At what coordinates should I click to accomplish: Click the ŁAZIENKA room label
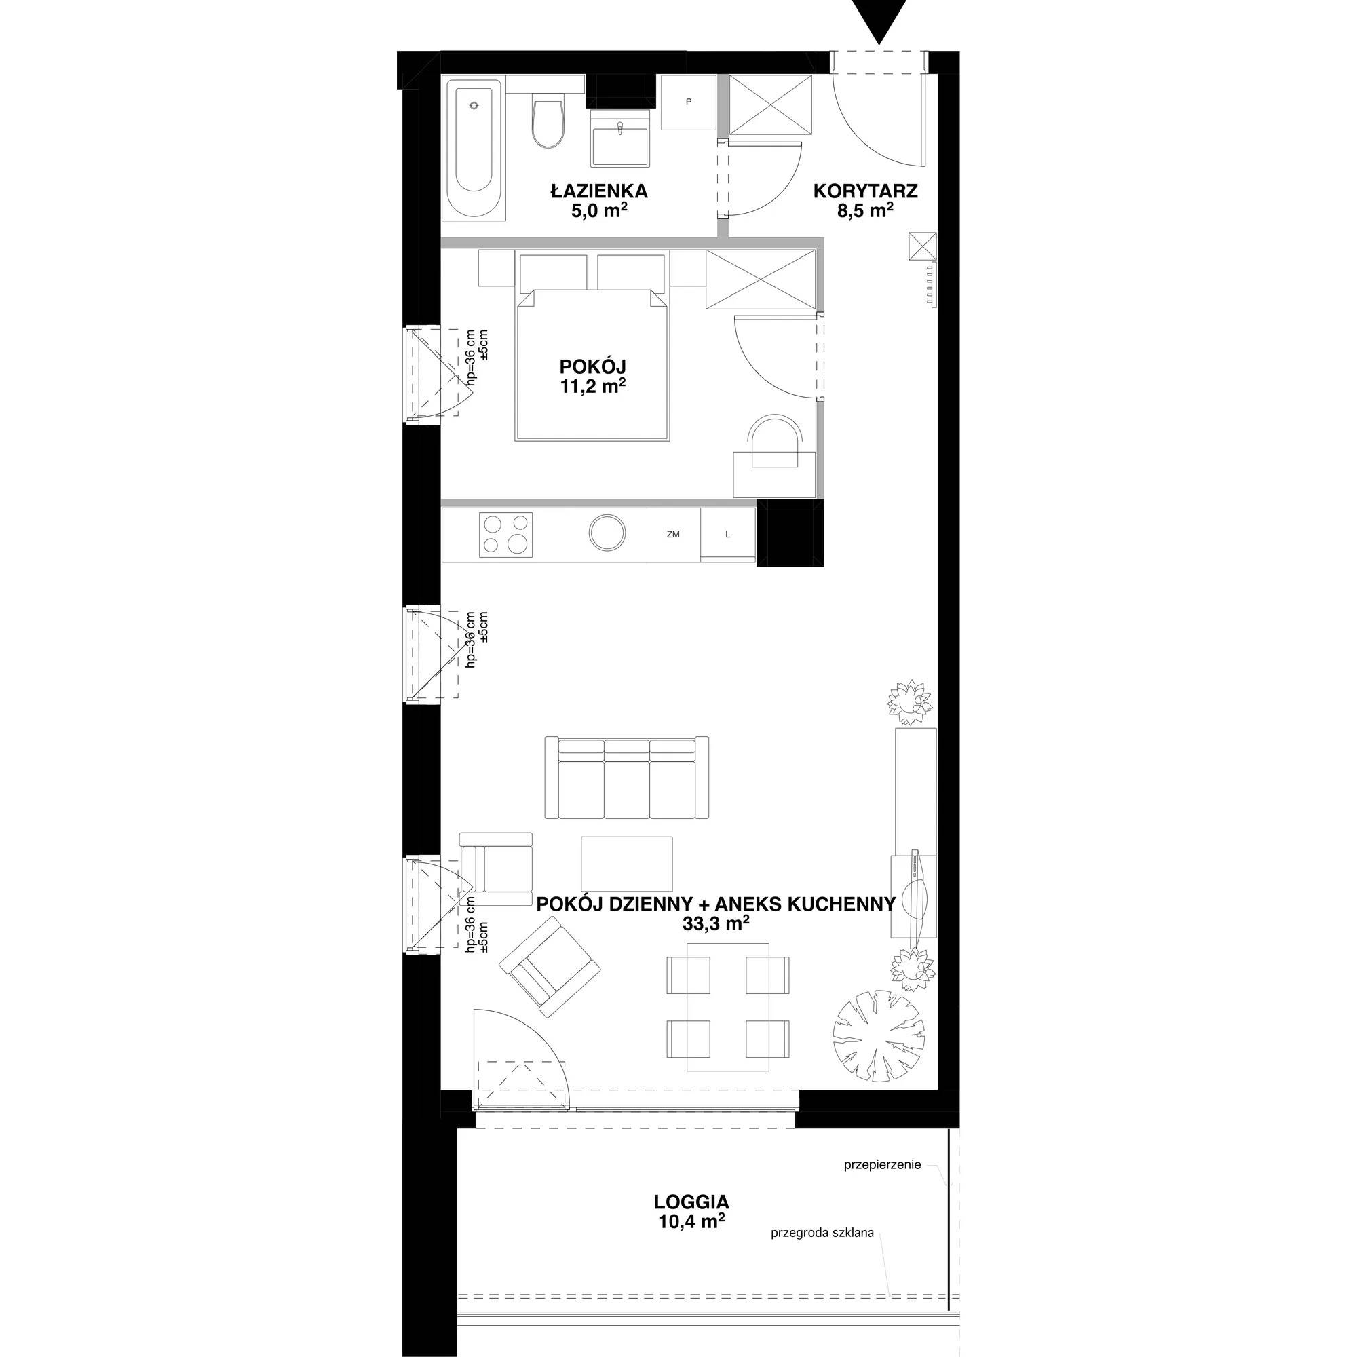pos(598,191)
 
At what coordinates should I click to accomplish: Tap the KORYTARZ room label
pos(864,191)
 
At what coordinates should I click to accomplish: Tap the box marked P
pos(688,102)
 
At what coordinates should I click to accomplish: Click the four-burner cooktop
pos(505,534)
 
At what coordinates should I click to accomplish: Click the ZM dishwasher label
pos(673,535)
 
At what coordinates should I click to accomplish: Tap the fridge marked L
pos(728,534)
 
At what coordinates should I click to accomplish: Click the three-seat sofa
pos(627,778)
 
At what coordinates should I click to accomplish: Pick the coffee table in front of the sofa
pos(626,863)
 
